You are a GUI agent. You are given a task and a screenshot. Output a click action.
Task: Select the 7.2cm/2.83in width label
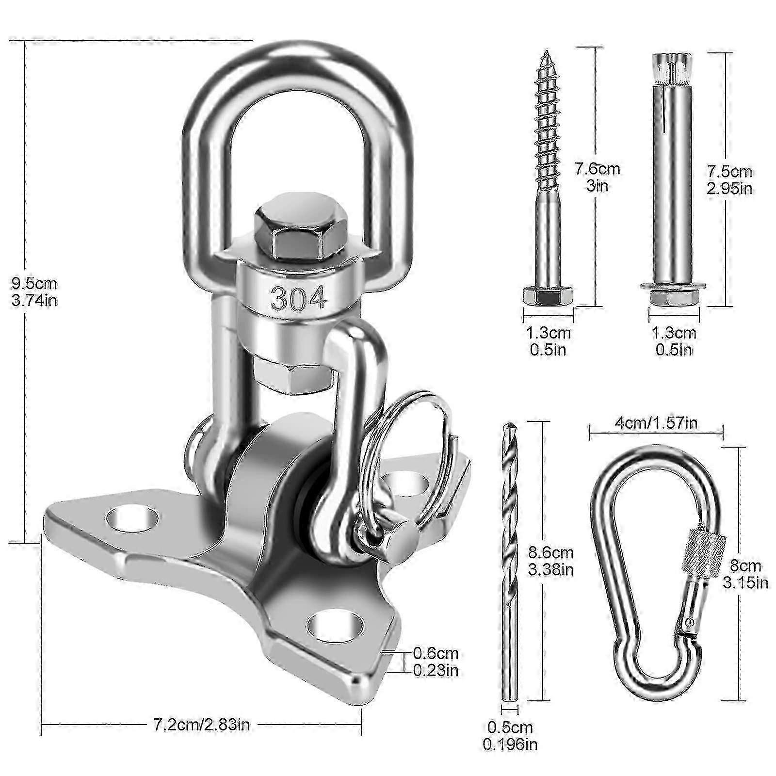pyautogui.click(x=201, y=726)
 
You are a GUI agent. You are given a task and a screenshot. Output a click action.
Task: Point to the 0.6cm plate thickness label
pyautogui.click(x=435, y=662)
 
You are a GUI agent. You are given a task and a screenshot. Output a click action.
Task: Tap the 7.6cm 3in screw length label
pyautogui.click(x=597, y=177)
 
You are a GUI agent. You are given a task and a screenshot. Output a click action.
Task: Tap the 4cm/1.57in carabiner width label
pyautogui.click(x=656, y=423)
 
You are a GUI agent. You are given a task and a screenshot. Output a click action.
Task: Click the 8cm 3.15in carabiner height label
pyautogui.click(x=745, y=574)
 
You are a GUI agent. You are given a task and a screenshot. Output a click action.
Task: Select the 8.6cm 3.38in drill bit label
pyautogui.click(x=550, y=561)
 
